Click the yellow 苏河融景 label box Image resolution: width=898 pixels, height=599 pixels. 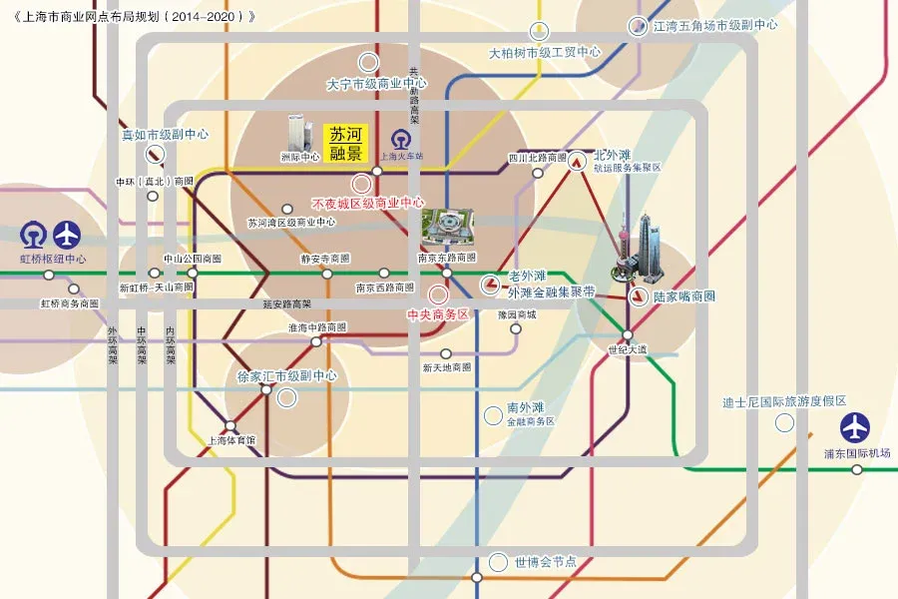pos(346,143)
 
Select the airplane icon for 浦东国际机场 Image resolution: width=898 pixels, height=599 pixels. pos(855,427)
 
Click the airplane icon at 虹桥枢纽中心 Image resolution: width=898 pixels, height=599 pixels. pos(67,235)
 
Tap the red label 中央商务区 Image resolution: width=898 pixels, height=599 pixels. pos(437,313)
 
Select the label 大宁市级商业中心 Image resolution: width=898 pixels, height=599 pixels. pos(377,85)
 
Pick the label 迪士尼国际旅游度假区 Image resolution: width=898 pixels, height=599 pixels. pos(784,401)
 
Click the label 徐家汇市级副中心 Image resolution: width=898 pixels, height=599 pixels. pos(286,376)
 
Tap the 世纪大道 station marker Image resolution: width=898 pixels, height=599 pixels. pos(628,335)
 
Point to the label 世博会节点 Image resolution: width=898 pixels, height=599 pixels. pos(546,562)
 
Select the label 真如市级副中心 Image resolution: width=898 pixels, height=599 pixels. pos(165,134)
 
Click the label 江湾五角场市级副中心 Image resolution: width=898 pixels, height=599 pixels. pos(715,25)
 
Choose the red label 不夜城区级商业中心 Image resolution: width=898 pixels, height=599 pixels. pos(367,203)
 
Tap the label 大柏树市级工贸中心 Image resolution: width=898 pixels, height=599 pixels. pos(545,52)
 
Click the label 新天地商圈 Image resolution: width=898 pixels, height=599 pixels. pos(446,367)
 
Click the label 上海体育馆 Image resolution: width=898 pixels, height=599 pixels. pos(230,440)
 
